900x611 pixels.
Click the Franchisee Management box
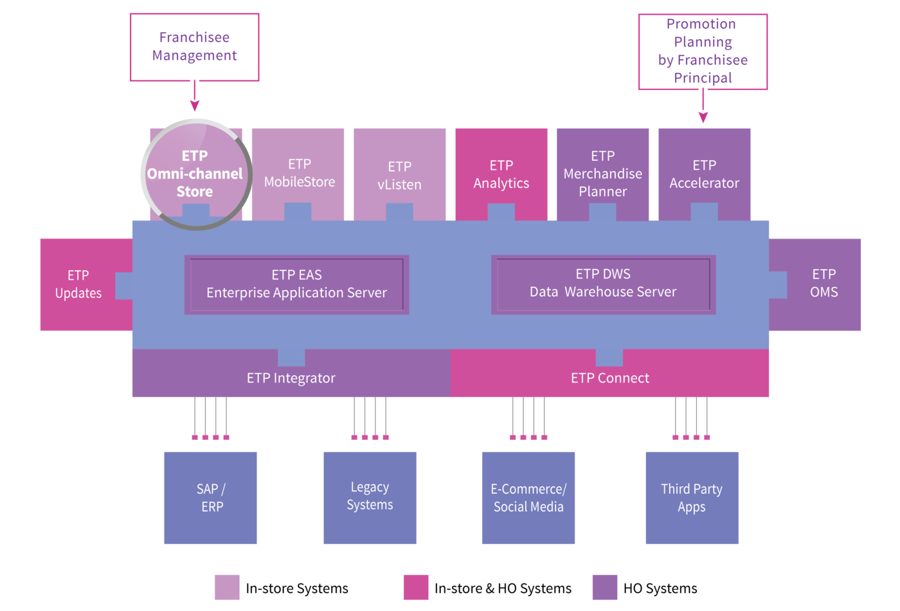194,47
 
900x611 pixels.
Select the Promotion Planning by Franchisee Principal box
703,51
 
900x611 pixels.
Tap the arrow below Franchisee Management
195,96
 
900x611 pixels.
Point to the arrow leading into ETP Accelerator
703,105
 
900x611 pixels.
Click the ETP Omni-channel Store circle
197,174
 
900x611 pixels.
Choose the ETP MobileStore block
298,174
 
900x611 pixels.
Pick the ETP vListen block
399,174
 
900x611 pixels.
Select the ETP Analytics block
501,174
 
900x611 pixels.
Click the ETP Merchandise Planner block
603,174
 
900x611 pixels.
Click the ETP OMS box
815,284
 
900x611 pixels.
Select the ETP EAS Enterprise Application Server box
296,284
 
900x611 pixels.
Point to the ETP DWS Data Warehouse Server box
603,284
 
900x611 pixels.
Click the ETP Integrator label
291,378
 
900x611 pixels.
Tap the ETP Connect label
610,378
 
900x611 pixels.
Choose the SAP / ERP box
211,498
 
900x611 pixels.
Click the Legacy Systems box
370,498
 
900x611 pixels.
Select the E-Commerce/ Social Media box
528,498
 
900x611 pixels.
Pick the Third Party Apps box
692,498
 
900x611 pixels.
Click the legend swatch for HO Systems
605,587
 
